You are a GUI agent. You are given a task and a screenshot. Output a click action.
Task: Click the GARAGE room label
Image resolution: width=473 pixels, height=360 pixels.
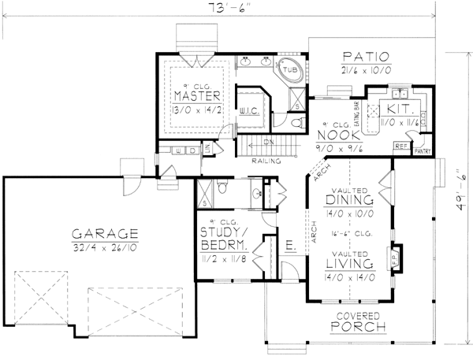pyautogui.click(x=105, y=234)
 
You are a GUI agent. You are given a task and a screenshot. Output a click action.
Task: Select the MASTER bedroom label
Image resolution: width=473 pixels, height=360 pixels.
pyautogui.click(x=196, y=96)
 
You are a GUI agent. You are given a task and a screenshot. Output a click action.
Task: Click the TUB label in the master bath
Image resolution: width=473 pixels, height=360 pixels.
pyautogui.click(x=290, y=70)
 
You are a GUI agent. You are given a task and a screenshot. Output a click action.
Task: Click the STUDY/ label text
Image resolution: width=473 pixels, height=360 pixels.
pyautogui.click(x=225, y=232)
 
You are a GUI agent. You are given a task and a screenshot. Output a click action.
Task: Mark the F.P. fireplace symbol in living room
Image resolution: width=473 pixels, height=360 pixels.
pyautogui.click(x=394, y=255)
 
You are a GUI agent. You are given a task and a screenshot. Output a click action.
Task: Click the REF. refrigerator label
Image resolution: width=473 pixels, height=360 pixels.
pyautogui.click(x=400, y=147)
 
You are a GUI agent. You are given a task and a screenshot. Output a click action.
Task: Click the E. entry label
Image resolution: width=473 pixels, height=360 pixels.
pyautogui.click(x=289, y=247)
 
